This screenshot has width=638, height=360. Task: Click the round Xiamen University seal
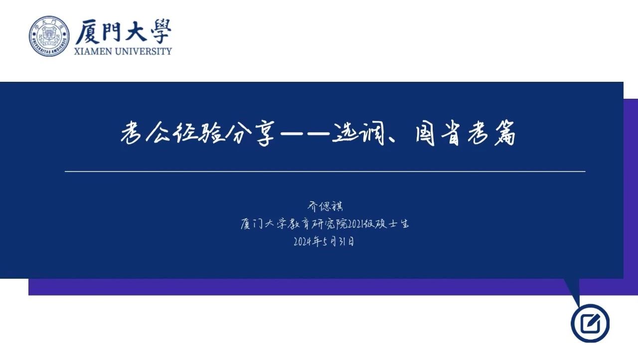[49, 36]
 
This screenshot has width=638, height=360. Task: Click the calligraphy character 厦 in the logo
[87, 32]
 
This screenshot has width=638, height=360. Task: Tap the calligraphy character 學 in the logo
[159, 31]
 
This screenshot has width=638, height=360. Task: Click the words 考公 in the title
[145, 133]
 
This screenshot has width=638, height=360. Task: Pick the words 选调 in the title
[359, 133]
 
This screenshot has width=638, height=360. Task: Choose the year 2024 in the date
[303, 242]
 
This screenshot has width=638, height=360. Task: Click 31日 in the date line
[346, 242]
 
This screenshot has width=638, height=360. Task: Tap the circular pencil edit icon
[590, 323]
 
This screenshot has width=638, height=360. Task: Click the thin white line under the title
[325, 172]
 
